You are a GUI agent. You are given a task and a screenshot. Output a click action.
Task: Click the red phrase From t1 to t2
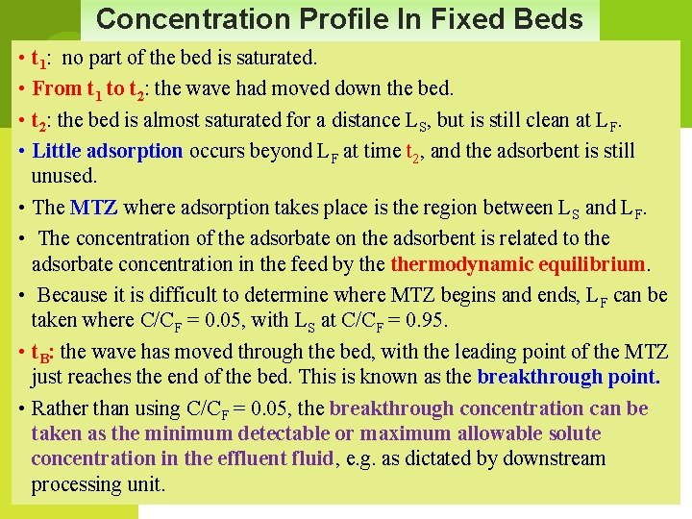tap(89, 89)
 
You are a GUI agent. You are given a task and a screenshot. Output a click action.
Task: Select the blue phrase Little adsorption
tap(107, 150)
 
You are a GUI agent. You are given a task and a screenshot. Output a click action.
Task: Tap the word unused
tap(64, 176)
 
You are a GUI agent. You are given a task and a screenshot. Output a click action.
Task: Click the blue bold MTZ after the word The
tap(94, 207)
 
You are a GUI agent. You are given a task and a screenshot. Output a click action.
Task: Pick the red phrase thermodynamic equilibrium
tap(517, 263)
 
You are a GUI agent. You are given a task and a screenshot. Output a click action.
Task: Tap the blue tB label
tap(40, 353)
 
